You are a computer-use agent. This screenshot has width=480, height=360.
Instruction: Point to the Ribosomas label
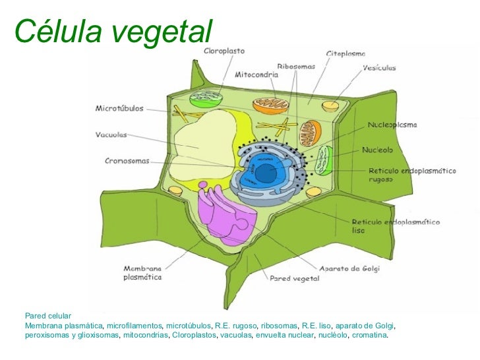coord(296,67)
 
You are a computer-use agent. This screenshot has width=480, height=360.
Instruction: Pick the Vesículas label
coord(379,67)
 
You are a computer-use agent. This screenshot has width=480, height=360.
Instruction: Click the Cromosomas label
coord(127,160)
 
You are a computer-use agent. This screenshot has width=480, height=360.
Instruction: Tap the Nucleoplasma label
coord(392,125)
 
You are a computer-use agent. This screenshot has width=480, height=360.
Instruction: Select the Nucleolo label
coord(378,150)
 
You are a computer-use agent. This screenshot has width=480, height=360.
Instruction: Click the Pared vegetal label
coord(294,278)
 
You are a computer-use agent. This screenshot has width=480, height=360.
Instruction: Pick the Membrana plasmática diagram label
coord(142,273)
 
